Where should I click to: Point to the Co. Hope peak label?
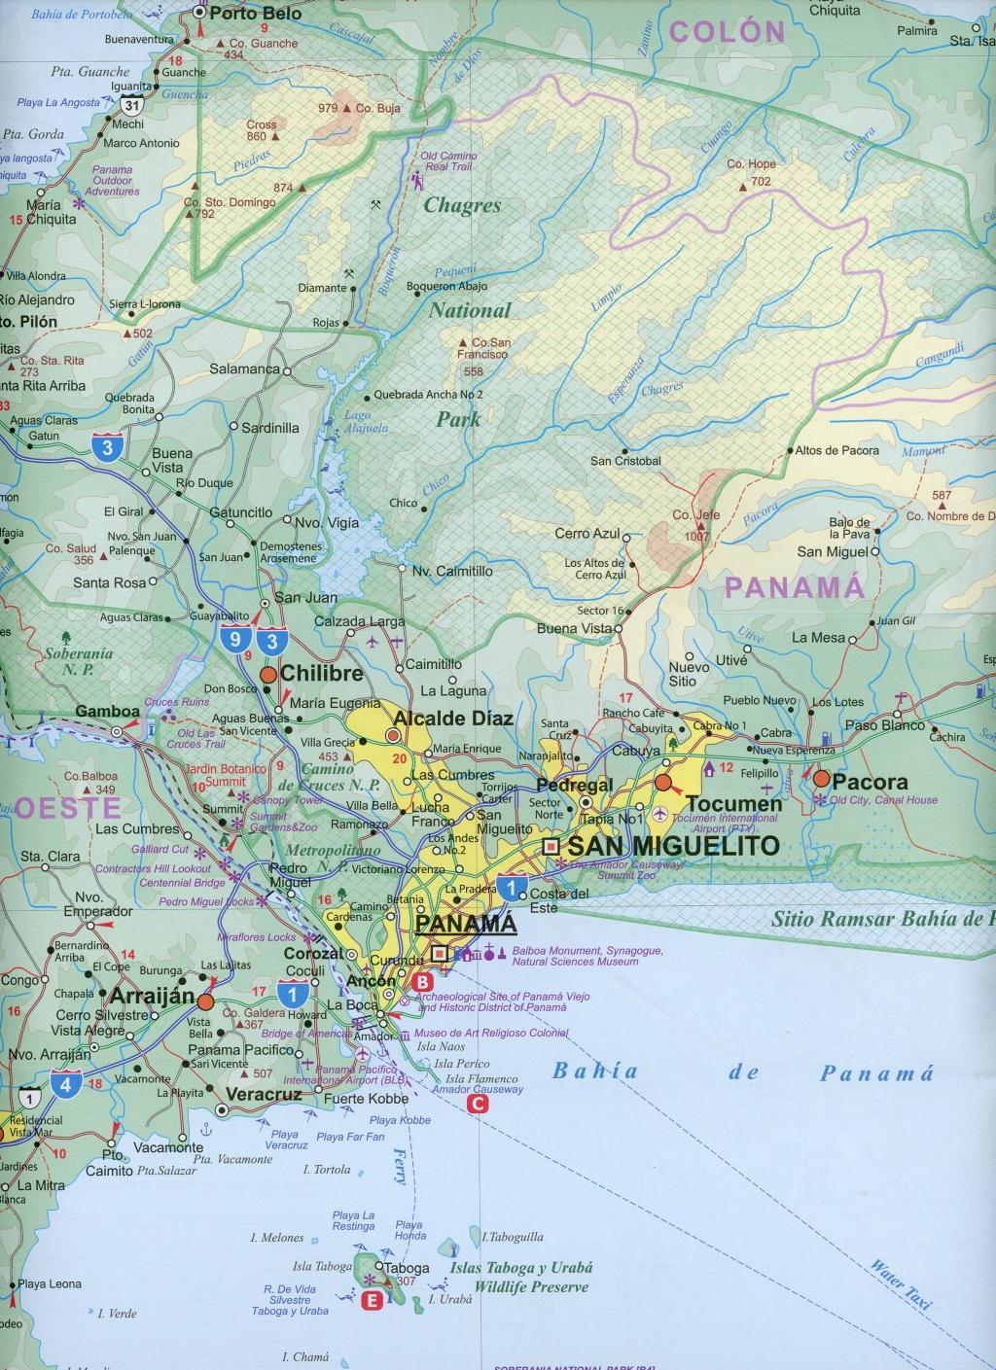(750, 164)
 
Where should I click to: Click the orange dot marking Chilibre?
(267, 674)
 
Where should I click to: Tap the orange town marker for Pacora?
(822, 779)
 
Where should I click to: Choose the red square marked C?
(478, 1104)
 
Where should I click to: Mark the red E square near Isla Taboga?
(370, 1303)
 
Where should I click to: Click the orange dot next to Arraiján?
(205, 1001)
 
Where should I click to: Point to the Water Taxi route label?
(900, 1282)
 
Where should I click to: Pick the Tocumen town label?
(733, 803)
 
